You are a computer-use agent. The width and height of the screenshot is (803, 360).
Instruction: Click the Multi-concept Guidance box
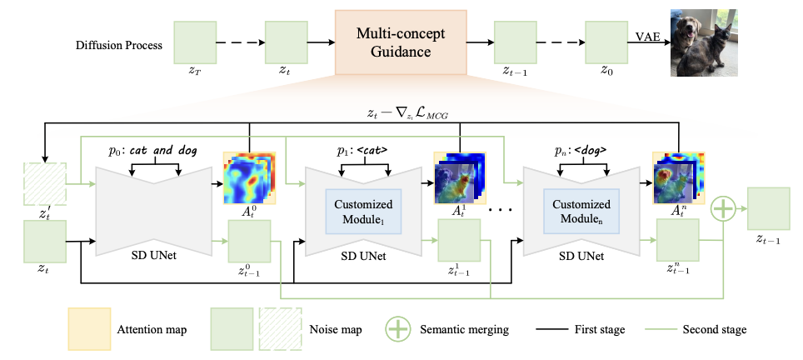coord(401,42)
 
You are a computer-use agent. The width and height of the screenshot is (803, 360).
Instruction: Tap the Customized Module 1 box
coord(364,212)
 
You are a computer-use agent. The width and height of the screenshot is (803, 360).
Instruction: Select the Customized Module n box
coord(581,212)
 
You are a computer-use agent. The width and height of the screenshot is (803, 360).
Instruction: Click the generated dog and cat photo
coord(704,42)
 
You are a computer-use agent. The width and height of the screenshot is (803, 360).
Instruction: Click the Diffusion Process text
coord(119,45)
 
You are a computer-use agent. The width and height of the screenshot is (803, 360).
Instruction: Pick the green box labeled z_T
coord(195,42)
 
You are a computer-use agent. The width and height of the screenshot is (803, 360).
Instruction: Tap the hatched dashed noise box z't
coord(44,184)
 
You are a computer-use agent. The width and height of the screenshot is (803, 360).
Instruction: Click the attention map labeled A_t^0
coord(249,178)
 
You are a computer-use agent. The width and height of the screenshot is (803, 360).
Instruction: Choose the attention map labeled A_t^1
coord(460,178)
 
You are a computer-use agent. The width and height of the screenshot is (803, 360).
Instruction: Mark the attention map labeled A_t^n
coord(678,178)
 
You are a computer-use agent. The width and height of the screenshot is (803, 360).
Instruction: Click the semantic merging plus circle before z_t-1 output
coord(723,209)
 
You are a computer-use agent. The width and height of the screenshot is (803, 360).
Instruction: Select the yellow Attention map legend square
coord(88,329)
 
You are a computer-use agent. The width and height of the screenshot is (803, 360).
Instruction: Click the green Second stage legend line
coord(658,329)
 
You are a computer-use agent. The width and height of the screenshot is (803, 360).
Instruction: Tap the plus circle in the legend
coord(398,329)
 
